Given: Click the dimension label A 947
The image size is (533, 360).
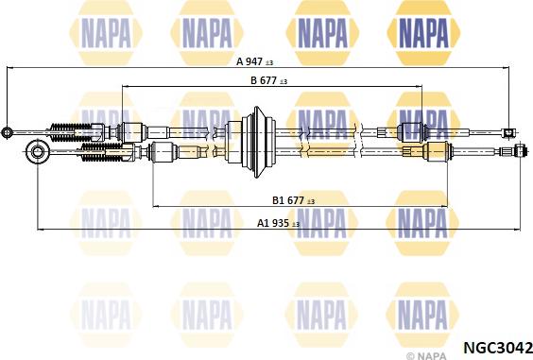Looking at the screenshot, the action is pyautogui.click(x=249, y=61).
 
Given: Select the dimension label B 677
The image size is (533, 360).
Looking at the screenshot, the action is pyautogui.click(x=264, y=80).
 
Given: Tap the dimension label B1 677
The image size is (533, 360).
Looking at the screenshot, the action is pyautogui.click(x=288, y=200).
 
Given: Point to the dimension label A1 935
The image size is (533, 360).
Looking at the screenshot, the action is pyautogui.click(x=273, y=223).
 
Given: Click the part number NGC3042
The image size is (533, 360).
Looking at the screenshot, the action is pyautogui.click(x=498, y=348).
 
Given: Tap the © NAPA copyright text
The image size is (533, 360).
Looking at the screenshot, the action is pyautogui.click(x=426, y=356).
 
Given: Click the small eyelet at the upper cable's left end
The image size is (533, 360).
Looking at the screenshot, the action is pyautogui.click(x=6, y=132).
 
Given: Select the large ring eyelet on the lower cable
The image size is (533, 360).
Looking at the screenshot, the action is pyautogui.click(x=37, y=151).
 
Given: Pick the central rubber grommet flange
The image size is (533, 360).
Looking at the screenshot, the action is pyautogui.click(x=257, y=142).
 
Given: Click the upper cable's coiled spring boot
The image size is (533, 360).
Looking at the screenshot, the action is pyautogui.click(x=72, y=132).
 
